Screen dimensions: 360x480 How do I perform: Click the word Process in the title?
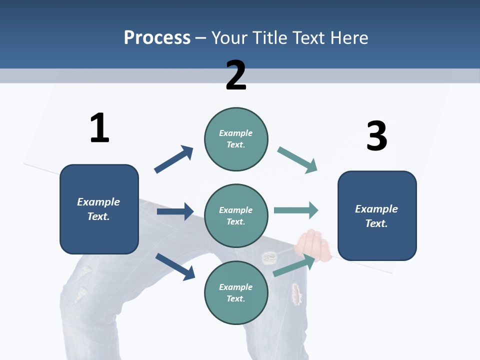tap(157, 38)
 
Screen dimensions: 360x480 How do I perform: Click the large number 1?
tap(99, 128)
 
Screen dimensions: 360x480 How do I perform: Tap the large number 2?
tap(236, 75)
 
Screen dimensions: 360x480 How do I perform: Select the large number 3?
tap(376, 136)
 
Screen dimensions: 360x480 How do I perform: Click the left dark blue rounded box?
tap(99, 209)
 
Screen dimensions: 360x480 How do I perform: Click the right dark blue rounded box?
tap(377, 216)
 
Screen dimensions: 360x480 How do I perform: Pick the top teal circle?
tap(236, 138)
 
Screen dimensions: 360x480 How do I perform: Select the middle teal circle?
tap(236, 215)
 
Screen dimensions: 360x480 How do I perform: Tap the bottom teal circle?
tap(236, 292)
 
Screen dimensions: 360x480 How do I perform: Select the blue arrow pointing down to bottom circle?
tap(175, 266)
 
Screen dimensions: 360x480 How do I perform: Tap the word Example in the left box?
tap(98, 202)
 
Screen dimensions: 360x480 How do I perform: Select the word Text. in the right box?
tap(376, 223)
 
